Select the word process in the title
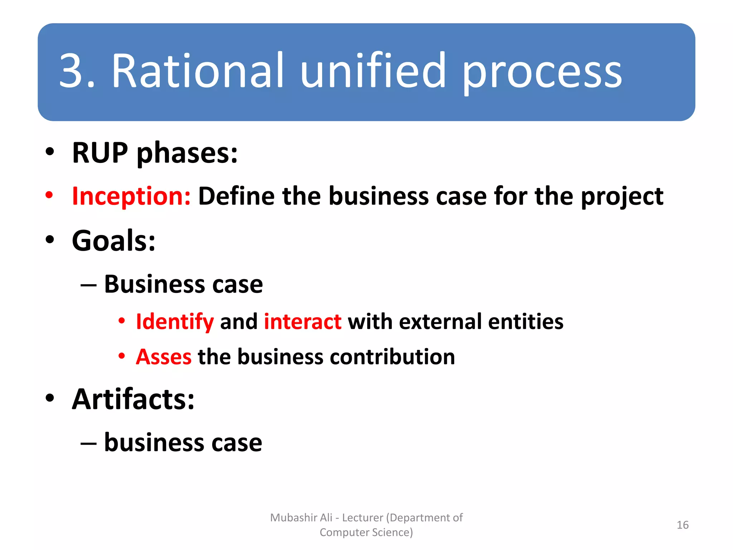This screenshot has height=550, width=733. click(x=542, y=74)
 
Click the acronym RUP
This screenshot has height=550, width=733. click(x=100, y=153)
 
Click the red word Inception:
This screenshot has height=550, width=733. click(x=131, y=197)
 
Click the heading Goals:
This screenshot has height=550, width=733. click(x=114, y=241)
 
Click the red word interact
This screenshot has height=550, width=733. click(x=302, y=322)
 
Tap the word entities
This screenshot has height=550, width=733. click(x=525, y=322)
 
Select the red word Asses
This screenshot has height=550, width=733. click(x=164, y=357)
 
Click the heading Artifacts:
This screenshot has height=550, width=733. click(x=133, y=399)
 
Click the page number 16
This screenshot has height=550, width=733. click(x=683, y=525)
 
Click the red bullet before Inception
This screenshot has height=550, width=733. click(x=49, y=196)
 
